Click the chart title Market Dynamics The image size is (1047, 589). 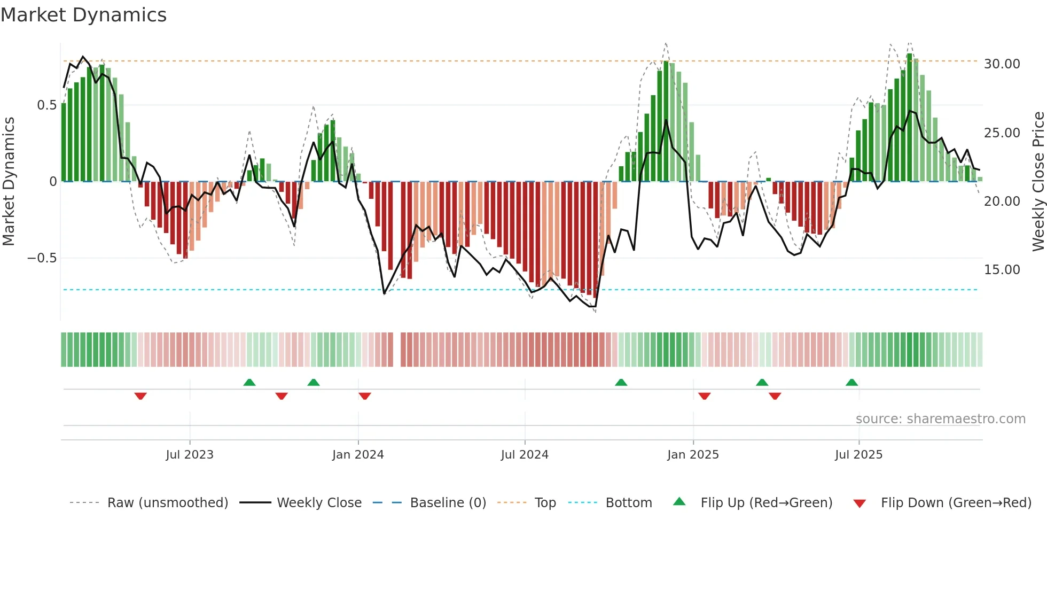84,15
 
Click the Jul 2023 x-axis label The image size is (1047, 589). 190,455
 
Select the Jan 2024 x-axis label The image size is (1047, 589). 358,455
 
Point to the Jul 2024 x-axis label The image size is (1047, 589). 525,455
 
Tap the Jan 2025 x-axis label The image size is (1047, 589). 693,455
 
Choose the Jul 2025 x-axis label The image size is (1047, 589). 858,455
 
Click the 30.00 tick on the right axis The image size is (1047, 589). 1002,64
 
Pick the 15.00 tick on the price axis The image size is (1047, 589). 1002,270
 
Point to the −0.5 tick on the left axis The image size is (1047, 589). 42,258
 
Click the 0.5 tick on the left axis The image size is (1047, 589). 47,105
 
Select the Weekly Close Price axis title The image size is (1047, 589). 1038,182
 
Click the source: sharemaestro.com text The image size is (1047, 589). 940,419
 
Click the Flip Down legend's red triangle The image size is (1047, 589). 860,503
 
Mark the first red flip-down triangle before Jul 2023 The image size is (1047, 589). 140,396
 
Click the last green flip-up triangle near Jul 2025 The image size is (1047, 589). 851,382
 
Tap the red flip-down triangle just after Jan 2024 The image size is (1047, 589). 365,396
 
